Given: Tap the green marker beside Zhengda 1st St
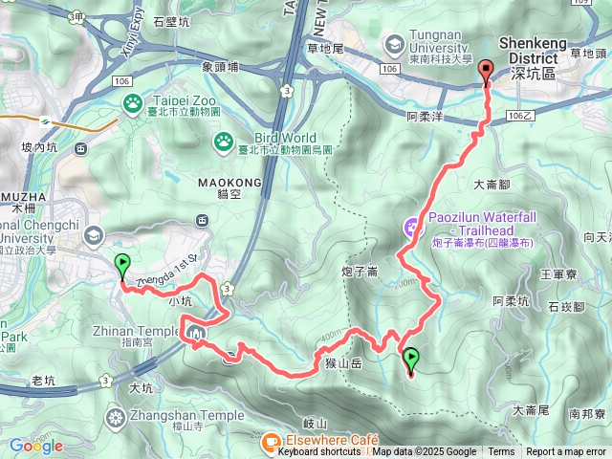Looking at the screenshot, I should tap(122, 265).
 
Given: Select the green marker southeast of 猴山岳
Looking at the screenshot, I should tap(412, 361).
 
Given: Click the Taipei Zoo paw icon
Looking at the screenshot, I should tap(132, 101).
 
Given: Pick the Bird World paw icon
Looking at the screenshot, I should tap(224, 142).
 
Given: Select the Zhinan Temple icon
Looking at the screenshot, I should tap(198, 334).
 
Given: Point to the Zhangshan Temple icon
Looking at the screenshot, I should tap(117, 416).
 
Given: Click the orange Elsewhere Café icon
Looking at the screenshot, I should tap(271, 440).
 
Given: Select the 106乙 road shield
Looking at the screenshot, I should tap(521, 115).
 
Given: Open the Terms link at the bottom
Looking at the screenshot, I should tap(501, 452).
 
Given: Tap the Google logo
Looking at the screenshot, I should tap(36, 446).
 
